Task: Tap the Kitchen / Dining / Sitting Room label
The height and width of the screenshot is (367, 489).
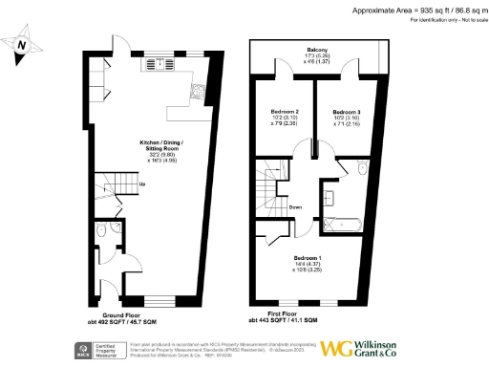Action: tap(156, 153)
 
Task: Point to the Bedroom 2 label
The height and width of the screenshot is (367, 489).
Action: tap(285, 117)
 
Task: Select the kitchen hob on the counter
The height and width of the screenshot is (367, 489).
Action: tap(195, 94)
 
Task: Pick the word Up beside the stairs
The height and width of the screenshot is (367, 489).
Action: tap(142, 184)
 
